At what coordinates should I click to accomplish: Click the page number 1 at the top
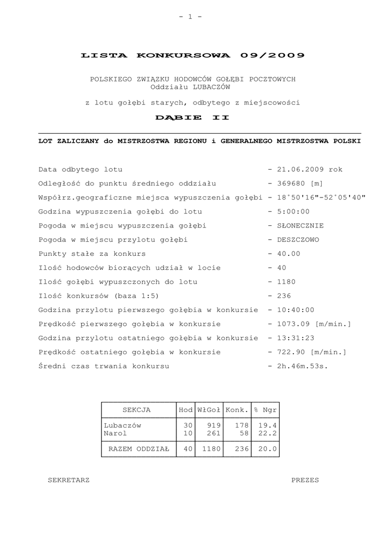click(191, 17)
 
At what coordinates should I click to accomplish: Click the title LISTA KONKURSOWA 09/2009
click(192, 55)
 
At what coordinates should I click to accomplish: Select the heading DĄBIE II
click(192, 117)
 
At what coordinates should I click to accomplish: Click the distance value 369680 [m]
click(299, 184)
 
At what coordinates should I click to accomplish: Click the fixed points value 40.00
click(289, 254)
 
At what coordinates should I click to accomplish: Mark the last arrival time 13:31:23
click(295, 338)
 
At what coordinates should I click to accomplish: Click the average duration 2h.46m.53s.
click(302, 366)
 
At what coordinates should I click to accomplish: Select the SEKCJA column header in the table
click(137, 410)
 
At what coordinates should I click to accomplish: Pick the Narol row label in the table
click(115, 432)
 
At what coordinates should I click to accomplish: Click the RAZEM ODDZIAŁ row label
click(138, 449)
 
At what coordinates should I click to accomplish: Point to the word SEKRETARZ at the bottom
click(69, 480)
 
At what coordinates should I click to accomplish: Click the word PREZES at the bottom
click(305, 480)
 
